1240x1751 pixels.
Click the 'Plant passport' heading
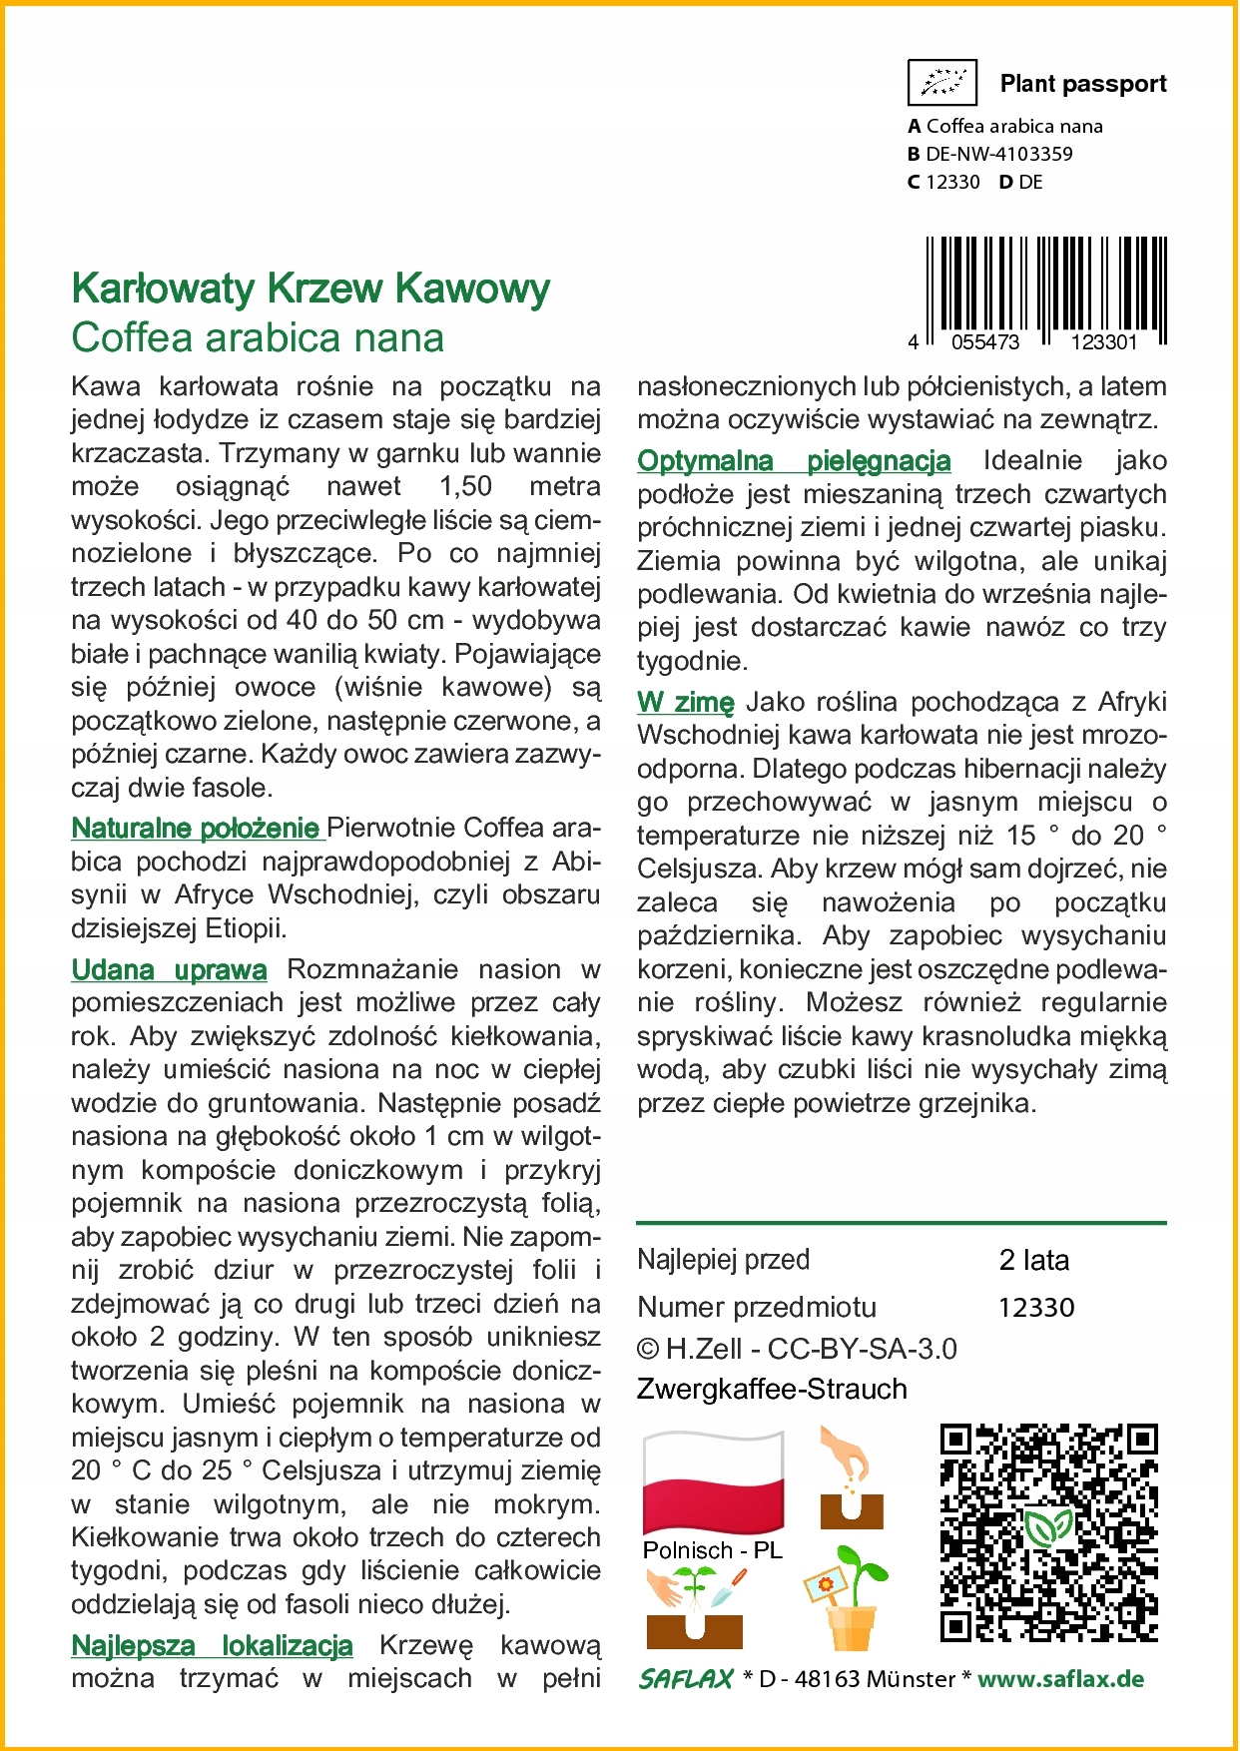[x=1082, y=84]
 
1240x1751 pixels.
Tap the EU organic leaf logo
[x=941, y=83]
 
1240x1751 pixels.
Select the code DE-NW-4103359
[x=998, y=154]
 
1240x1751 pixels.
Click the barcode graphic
[x=1045, y=289]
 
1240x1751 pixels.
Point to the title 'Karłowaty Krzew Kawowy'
[x=310, y=289]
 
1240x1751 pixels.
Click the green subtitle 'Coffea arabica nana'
[x=258, y=337]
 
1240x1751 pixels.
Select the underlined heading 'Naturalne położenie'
[x=196, y=828]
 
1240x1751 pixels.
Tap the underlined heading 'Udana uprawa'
[x=169, y=969]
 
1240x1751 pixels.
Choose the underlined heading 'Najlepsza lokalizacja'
[x=212, y=1645]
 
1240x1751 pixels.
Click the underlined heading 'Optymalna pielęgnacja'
[x=794, y=460]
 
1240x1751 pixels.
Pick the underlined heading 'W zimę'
[x=685, y=702]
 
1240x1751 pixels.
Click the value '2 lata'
[x=1033, y=1260]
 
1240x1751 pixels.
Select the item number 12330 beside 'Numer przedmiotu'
[x=1035, y=1308]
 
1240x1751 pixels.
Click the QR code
[x=1048, y=1532]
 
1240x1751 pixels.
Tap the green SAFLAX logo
[x=687, y=1679]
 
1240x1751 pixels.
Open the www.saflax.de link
[x=1060, y=1679]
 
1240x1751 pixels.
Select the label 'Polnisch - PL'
[x=712, y=1550]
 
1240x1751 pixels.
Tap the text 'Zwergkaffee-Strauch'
[x=772, y=1389]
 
